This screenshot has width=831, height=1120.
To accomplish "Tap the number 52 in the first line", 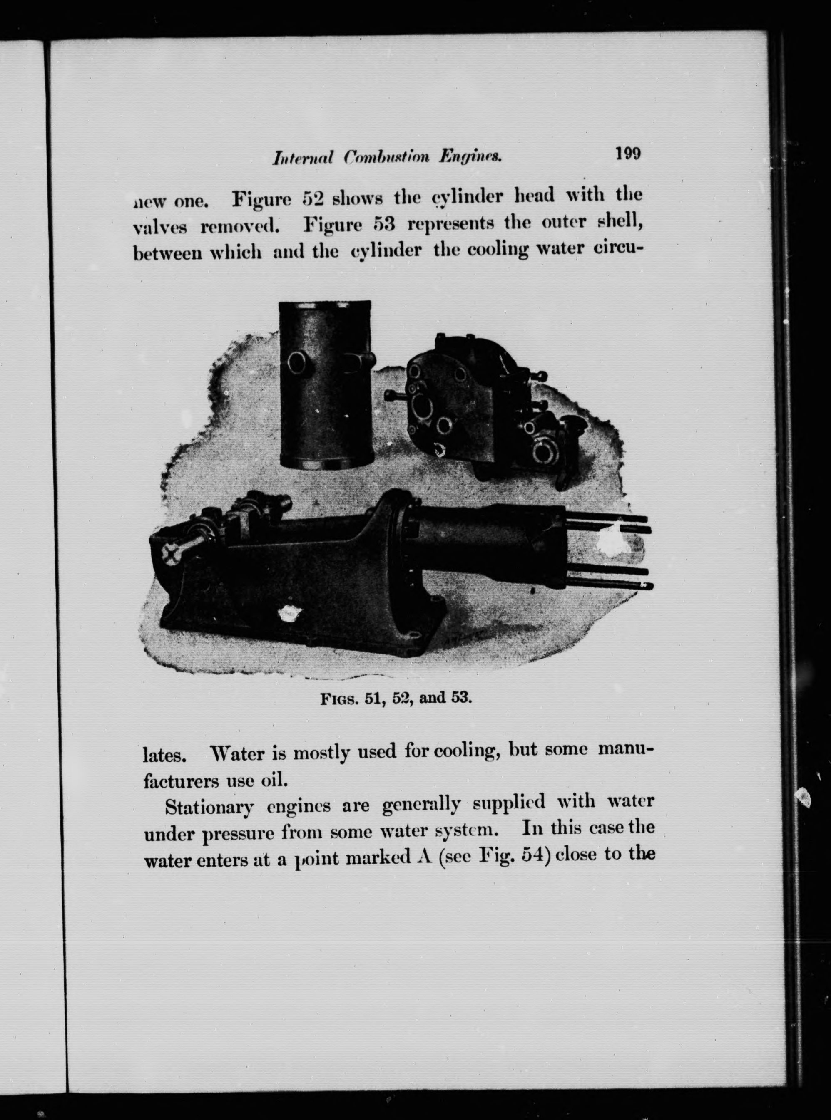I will (x=315, y=198).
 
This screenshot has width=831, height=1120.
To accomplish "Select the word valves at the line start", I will (x=160, y=228).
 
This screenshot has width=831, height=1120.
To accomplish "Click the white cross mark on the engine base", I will (x=171, y=555).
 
